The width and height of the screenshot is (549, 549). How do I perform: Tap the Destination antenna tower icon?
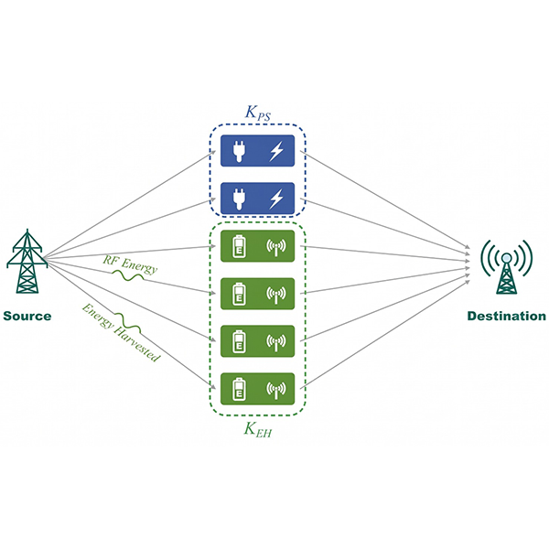click(506, 267)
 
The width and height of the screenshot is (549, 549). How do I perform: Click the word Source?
click(27, 317)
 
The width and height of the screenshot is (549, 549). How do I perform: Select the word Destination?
click(506, 317)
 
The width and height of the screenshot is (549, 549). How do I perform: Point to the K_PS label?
click(258, 113)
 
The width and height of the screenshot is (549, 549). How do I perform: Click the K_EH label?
click(258, 430)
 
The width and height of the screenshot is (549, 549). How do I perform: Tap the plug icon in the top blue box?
click(239, 151)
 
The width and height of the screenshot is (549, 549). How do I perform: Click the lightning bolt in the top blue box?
click(276, 151)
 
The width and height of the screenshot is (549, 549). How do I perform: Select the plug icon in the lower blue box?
click(239, 199)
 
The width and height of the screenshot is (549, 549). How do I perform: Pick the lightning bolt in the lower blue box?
click(276, 199)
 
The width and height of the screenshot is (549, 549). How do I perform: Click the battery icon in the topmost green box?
click(239, 246)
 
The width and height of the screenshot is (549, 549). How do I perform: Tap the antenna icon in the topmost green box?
click(276, 247)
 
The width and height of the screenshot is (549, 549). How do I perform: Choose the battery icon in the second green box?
click(239, 294)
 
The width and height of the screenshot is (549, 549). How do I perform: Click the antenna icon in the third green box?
click(276, 342)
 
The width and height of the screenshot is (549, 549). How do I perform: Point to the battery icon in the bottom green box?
click(239, 389)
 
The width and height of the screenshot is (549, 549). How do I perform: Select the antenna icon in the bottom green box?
click(276, 390)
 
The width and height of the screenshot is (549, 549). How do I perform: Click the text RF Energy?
click(130, 265)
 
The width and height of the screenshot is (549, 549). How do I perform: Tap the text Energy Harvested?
click(121, 333)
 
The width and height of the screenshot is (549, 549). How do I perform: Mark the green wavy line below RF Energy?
click(128, 275)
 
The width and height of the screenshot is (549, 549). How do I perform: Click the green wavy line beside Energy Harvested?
click(128, 323)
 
